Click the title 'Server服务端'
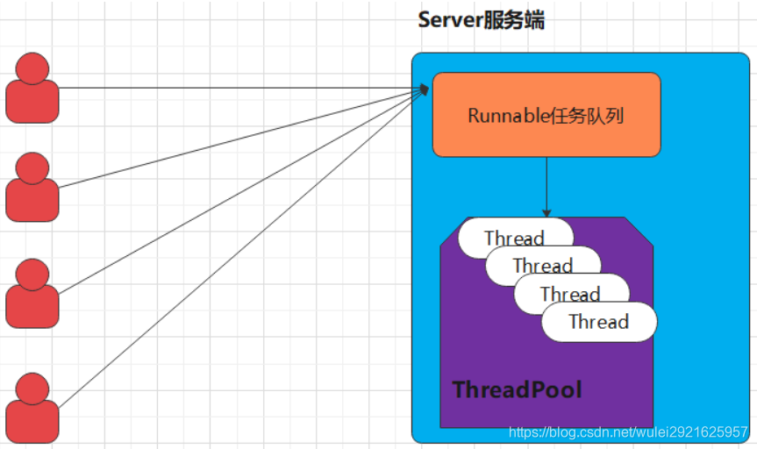(481, 20)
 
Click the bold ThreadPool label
(517, 389)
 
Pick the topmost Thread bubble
(514, 237)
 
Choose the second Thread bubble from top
(543, 265)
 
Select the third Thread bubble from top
(571, 293)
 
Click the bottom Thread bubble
(599, 322)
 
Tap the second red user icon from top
(32, 188)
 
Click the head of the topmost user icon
(32, 68)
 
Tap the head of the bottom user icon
(32, 388)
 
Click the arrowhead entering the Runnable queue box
(425, 89)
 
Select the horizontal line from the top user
(237, 88)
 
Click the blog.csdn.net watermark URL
(628, 432)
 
